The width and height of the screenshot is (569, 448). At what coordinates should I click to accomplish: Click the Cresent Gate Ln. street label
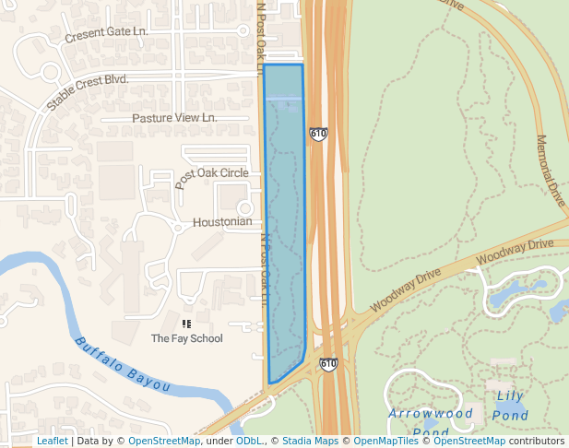pos(107,35)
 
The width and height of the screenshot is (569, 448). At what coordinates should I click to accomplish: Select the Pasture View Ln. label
pos(174,118)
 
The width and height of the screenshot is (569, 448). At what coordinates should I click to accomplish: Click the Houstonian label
pos(221,222)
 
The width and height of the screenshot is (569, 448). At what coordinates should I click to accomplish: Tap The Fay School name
pos(186,338)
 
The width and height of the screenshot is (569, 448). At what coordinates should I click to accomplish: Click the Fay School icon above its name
pos(186,324)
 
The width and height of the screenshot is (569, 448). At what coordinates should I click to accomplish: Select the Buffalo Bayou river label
pos(122,364)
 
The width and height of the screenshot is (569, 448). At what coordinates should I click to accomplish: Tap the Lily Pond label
pos(511,406)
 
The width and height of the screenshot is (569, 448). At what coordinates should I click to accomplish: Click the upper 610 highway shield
pos(318,134)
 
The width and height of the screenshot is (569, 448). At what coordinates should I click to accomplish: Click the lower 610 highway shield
pos(328,364)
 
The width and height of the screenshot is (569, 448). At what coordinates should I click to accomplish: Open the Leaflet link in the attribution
pos(52,442)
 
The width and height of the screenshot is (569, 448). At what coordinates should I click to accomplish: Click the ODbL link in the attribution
pos(249,442)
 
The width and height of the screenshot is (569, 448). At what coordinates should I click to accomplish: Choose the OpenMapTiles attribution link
pos(386,442)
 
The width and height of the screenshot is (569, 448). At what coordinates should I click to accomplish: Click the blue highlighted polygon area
pos(284,221)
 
